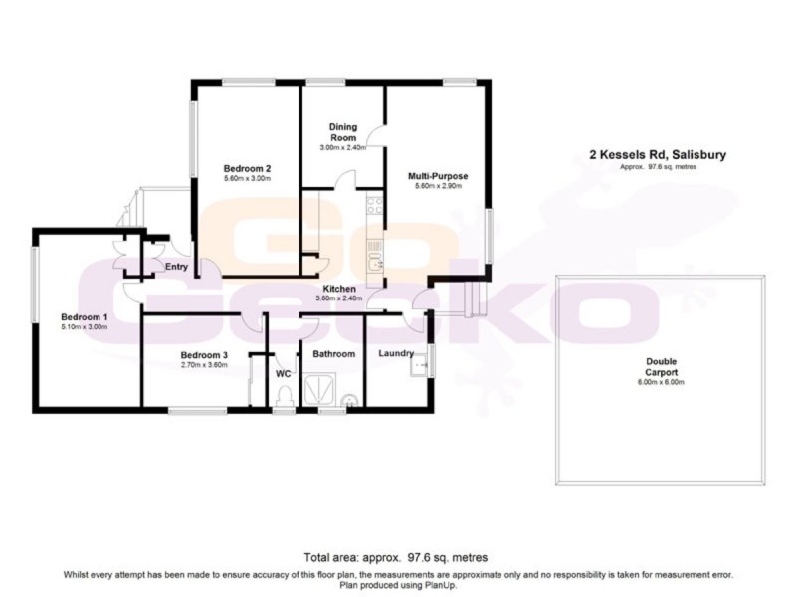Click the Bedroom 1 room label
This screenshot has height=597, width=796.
(x=84, y=316)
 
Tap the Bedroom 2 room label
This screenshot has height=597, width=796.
(x=248, y=168)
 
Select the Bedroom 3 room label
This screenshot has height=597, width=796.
(x=204, y=354)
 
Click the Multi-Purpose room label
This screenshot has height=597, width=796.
(x=438, y=176)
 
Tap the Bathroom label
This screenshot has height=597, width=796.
(x=333, y=353)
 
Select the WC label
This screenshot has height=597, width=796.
(x=282, y=374)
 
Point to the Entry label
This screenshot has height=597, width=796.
(x=176, y=266)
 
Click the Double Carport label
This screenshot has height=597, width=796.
(x=662, y=367)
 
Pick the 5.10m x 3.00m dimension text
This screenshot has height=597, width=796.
(x=84, y=326)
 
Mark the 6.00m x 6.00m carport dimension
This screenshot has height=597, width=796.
(x=662, y=382)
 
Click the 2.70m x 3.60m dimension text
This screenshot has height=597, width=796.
(x=204, y=365)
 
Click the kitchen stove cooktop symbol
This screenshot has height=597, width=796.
(x=375, y=206)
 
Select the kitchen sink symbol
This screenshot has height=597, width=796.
(x=375, y=262)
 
